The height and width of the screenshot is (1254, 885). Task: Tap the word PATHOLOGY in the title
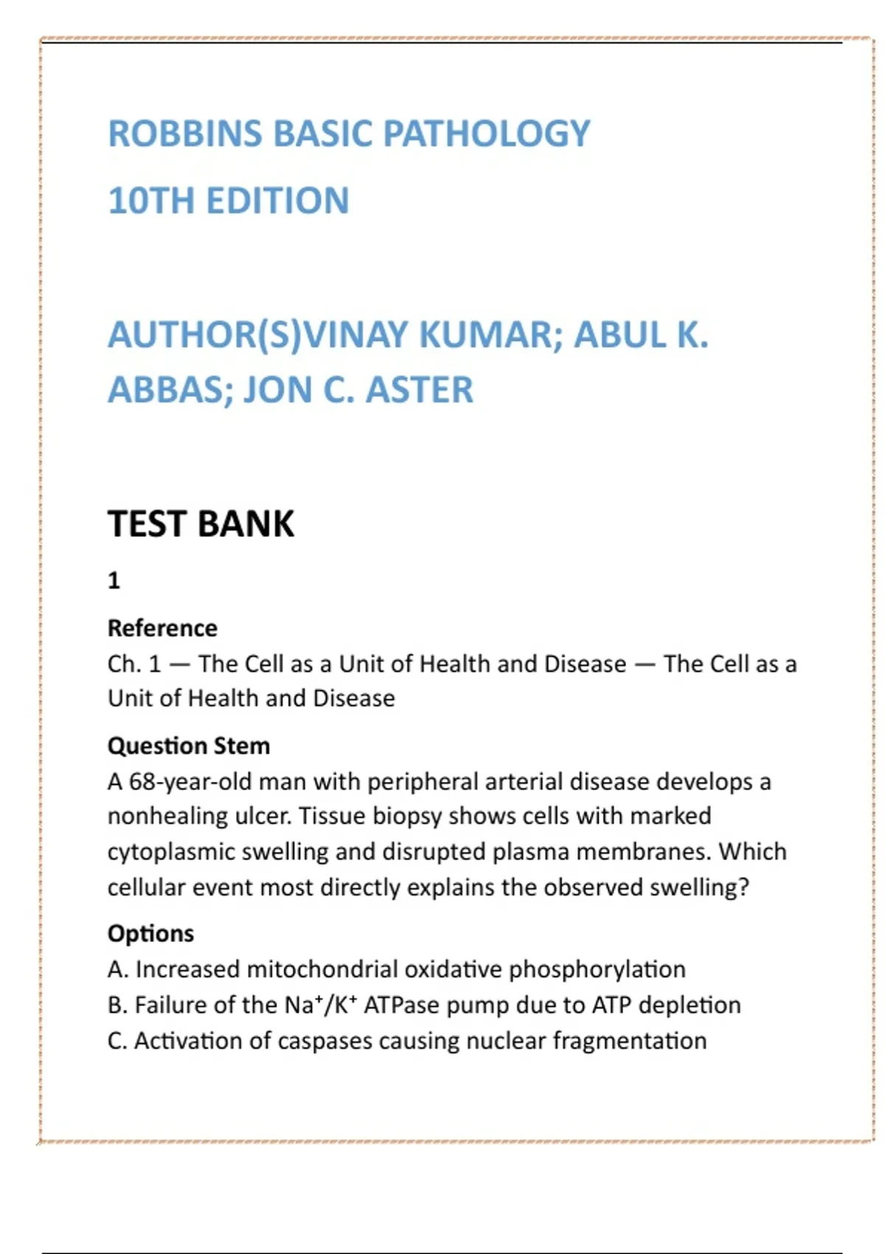(487, 134)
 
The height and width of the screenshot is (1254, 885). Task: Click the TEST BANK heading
(201, 524)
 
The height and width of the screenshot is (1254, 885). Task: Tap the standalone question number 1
(114, 581)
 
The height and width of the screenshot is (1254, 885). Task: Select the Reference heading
(162, 628)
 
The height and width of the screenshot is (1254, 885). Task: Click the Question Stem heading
(189, 746)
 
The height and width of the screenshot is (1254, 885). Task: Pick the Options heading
(150, 933)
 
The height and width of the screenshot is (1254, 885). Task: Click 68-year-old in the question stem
(190, 781)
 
